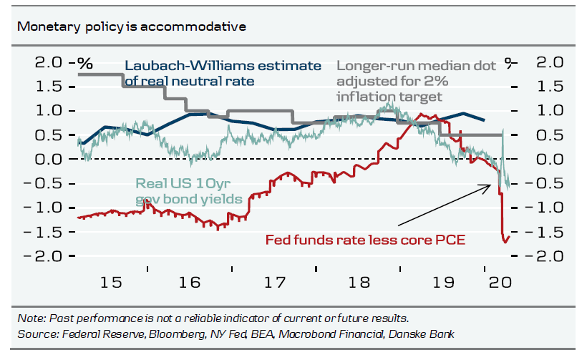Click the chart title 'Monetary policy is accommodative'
point(132,27)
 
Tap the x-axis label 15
point(110,282)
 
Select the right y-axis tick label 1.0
point(543,111)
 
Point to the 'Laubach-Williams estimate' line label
point(223,66)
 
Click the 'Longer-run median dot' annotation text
point(416,66)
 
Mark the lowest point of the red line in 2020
point(506,242)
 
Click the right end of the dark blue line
point(485,120)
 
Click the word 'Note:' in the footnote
point(31,318)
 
